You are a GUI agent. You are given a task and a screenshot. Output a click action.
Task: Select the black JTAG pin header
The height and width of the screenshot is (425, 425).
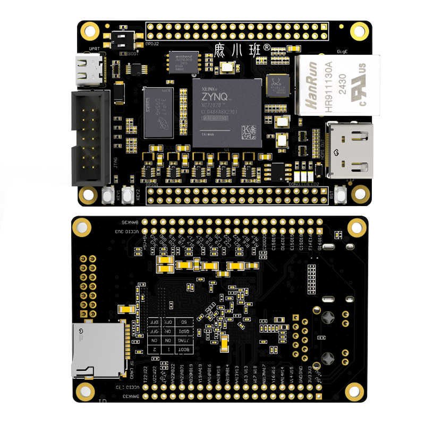tap(91, 138)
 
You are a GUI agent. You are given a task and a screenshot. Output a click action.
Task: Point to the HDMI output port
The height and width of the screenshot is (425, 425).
tap(351, 150)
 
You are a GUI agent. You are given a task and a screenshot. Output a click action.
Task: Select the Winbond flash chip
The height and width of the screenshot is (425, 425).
tap(183, 62)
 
